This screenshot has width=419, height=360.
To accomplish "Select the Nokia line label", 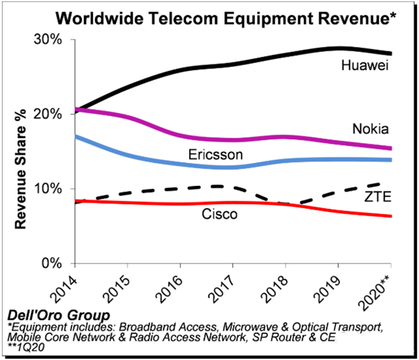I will coord(370,129).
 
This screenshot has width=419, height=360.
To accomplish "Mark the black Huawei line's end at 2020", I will coord(390,54).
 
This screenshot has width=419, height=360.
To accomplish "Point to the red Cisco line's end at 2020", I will coord(390,216).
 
